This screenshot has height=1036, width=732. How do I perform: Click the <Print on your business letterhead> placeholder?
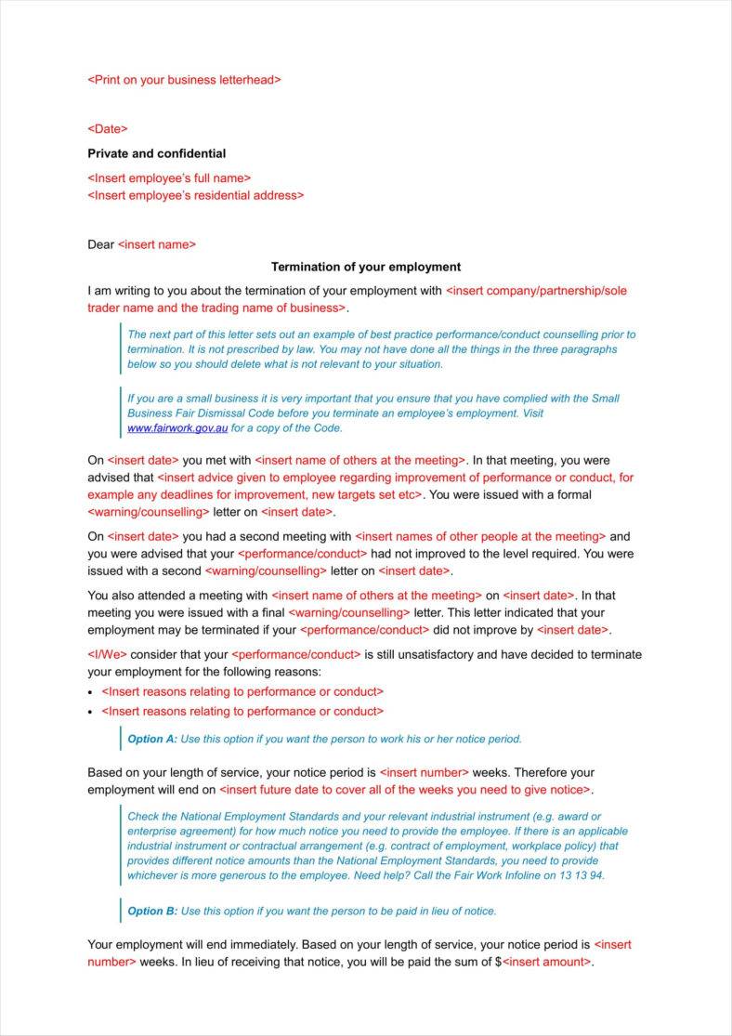point(184,80)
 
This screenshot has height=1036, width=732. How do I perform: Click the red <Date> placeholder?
point(108,129)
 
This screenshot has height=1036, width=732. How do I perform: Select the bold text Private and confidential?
point(156,153)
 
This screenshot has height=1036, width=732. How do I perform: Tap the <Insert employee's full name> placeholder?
point(169,177)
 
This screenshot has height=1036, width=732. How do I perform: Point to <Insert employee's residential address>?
point(195,195)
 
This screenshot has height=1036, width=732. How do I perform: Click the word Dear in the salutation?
point(100,245)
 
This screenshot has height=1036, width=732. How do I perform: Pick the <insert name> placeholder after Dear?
point(157,245)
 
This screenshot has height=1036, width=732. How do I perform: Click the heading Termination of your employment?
point(366,267)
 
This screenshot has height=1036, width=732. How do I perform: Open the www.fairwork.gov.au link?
point(177,428)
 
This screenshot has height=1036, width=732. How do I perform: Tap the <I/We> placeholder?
point(107,654)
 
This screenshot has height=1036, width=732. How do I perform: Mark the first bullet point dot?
point(90,693)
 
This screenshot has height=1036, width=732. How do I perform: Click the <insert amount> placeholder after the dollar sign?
point(547,963)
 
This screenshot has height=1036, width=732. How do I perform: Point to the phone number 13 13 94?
point(583,876)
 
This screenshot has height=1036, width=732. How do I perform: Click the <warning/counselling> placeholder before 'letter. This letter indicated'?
point(348,613)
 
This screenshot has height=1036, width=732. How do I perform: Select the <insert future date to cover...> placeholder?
point(405,790)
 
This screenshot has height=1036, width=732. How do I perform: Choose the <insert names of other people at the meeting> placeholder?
point(480,536)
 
